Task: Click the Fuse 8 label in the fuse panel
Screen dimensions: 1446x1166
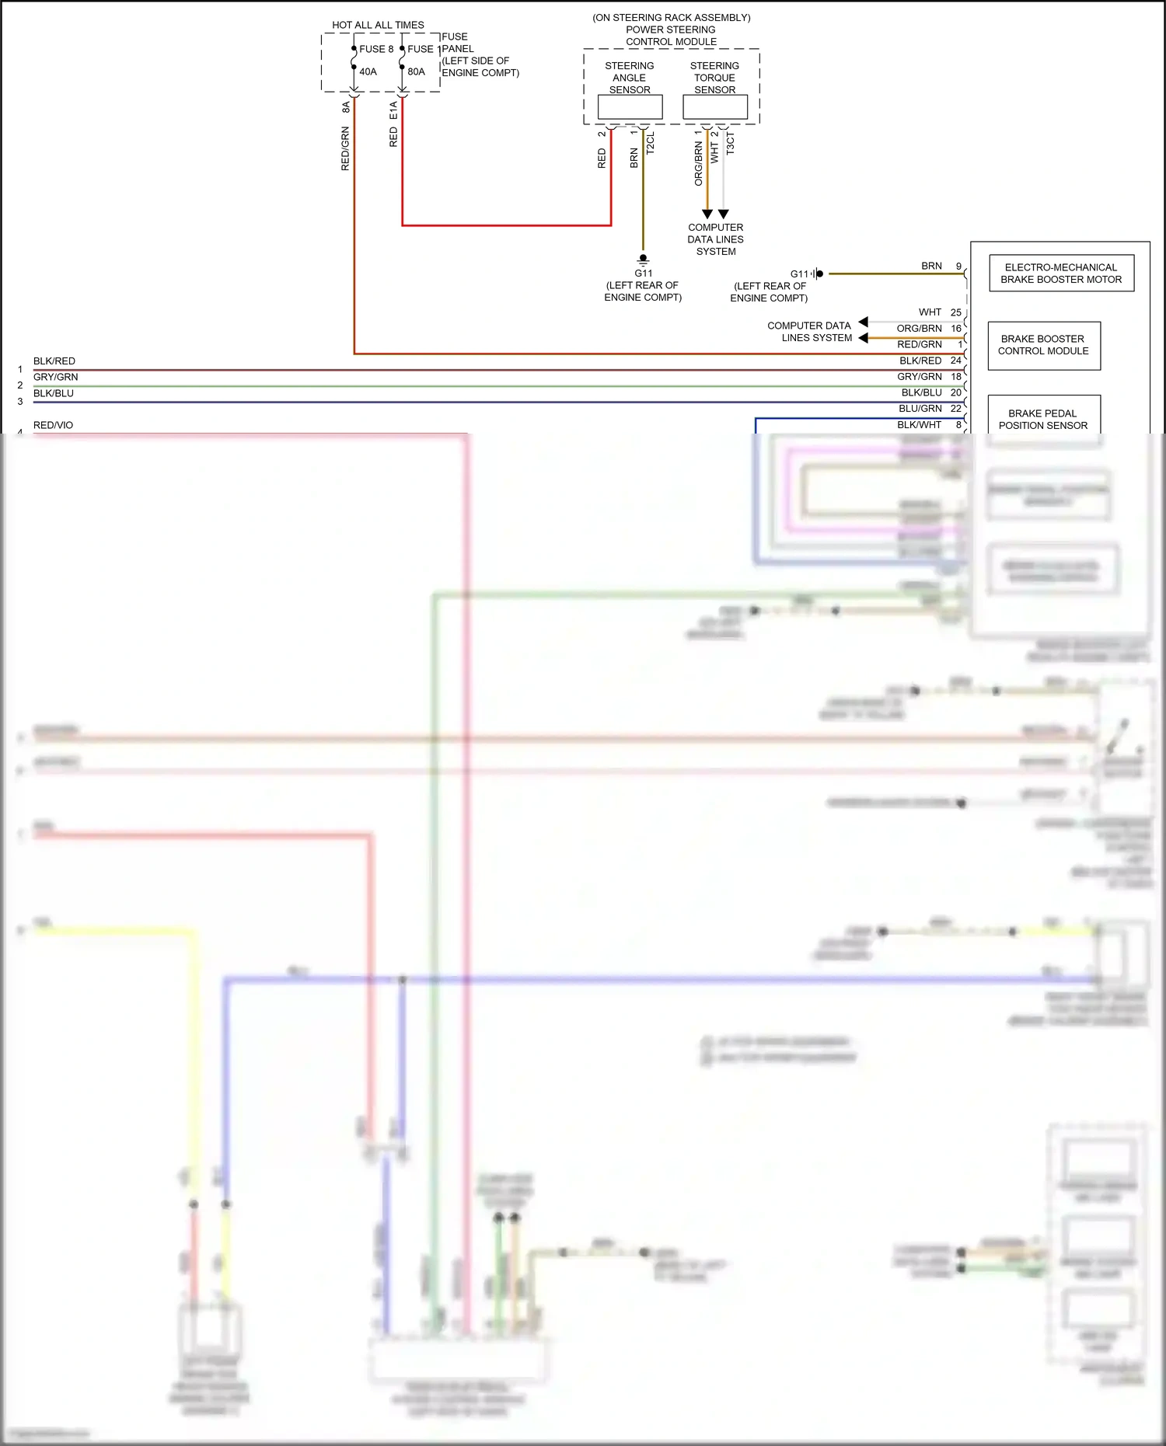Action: [x=376, y=49]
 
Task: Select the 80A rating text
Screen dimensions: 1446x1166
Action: [x=417, y=71]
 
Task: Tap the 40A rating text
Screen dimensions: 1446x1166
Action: [x=368, y=71]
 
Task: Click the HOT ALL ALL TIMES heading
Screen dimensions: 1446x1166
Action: [x=378, y=25]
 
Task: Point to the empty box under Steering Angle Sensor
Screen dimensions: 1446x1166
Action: [x=630, y=107]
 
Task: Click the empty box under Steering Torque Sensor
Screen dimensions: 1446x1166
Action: [x=715, y=107]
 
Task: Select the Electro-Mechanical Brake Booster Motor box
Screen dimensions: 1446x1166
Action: [x=1061, y=274]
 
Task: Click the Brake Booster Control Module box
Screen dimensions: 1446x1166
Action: [x=1043, y=345]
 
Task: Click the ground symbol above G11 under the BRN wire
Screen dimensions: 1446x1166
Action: [x=643, y=260]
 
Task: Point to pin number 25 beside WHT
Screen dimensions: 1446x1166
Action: [x=956, y=312]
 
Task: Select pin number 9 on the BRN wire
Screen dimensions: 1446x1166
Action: [x=958, y=266]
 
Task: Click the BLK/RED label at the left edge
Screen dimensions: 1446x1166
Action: [x=54, y=361]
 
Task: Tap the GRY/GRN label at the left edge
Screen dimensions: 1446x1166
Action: [x=55, y=377]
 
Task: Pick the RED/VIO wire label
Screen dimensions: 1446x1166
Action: [x=53, y=425]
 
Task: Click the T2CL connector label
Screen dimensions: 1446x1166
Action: [x=651, y=143]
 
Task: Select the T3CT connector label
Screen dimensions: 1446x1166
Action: [x=730, y=143]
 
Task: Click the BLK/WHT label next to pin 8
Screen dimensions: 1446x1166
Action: [x=919, y=425]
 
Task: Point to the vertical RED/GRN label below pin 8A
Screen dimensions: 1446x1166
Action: [x=345, y=149]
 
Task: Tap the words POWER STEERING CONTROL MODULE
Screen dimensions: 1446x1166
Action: [x=671, y=36]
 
